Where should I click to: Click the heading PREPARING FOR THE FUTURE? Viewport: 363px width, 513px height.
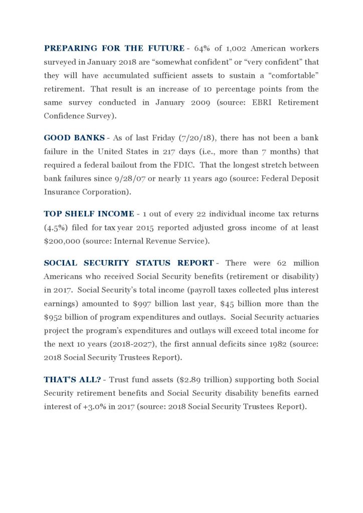point(114,49)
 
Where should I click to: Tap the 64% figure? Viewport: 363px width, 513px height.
point(201,49)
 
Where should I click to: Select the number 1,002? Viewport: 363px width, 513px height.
point(233,49)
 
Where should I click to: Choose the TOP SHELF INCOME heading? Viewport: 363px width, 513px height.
point(89,214)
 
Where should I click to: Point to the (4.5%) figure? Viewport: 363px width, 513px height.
point(56,227)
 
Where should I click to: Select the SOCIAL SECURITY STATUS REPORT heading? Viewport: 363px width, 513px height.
point(128,263)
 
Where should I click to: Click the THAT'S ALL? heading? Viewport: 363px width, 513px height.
point(71,380)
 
